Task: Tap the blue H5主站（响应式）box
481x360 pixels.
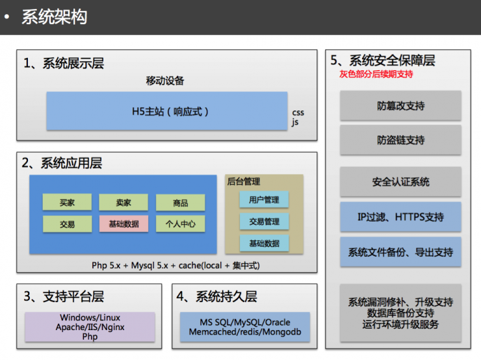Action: point(166,111)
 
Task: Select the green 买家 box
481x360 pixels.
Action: point(67,203)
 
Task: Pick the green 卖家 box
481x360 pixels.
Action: point(123,203)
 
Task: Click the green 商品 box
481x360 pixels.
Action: point(180,203)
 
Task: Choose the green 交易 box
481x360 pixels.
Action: point(67,224)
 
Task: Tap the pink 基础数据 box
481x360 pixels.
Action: point(123,224)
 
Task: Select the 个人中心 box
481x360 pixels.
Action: point(180,224)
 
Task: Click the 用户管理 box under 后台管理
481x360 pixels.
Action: point(264,200)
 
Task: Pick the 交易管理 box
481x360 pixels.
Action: point(264,222)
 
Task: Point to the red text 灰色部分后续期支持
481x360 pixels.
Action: point(376,75)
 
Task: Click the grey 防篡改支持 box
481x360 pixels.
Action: point(400,106)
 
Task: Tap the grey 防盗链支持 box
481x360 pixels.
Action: point(400,140)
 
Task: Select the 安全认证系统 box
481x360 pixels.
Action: point(400,182)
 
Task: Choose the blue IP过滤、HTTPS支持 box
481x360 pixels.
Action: point(400,217)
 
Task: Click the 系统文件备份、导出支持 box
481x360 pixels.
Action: point(400,251)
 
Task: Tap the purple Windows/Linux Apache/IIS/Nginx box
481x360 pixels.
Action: point(90,327)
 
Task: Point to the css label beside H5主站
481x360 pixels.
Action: point(298,112)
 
